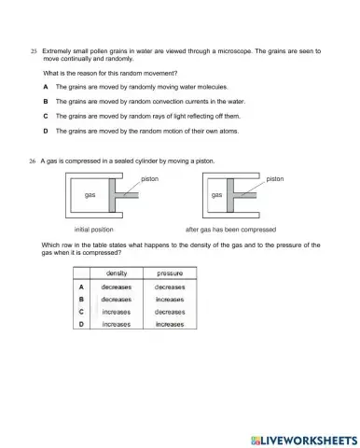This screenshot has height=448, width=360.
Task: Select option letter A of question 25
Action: tap(46, 86)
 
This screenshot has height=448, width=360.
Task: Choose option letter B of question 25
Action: tap(46, 101)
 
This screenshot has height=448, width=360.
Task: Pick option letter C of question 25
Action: tap(46, 116)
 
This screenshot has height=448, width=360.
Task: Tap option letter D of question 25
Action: tap(46, 131)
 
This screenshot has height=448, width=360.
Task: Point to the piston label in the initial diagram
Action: tap(150, 177)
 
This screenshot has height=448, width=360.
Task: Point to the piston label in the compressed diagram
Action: tap(274, 177)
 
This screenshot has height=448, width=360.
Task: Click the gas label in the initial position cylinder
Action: tap(90, 196)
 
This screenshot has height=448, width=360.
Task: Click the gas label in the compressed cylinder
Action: tap(216, 196)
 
